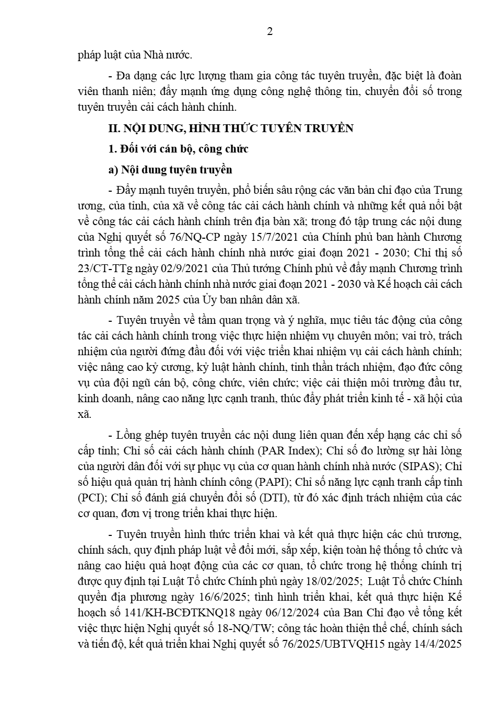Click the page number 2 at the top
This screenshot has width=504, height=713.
click(269, 31)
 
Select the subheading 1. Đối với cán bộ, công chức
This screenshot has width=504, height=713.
click(178, 149)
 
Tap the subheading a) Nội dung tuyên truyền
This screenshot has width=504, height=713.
click(170, 170)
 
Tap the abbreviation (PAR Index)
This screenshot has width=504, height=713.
click(288, 450)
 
